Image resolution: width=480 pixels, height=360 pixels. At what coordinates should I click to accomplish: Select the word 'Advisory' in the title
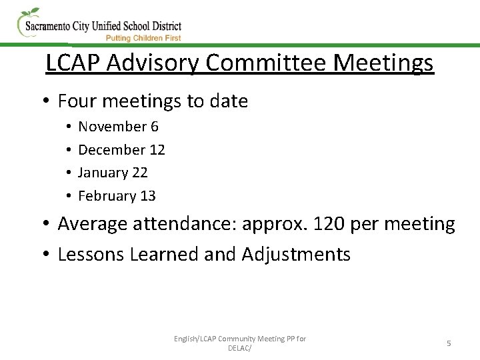click(x=153, y=63)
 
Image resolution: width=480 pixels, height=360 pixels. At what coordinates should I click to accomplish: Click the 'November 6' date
click(x=118, y=127)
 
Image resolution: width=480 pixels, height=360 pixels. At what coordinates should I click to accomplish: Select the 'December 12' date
click(x=121, y=150)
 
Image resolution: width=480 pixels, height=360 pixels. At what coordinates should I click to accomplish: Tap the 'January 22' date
click(x=113, y=173)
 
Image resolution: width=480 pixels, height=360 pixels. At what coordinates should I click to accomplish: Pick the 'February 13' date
click(x=117, y=196)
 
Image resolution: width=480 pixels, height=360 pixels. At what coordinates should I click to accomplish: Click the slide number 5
click(x=449, y=343)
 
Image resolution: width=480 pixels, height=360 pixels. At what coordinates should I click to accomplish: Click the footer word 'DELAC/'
click(x=240, y=348)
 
